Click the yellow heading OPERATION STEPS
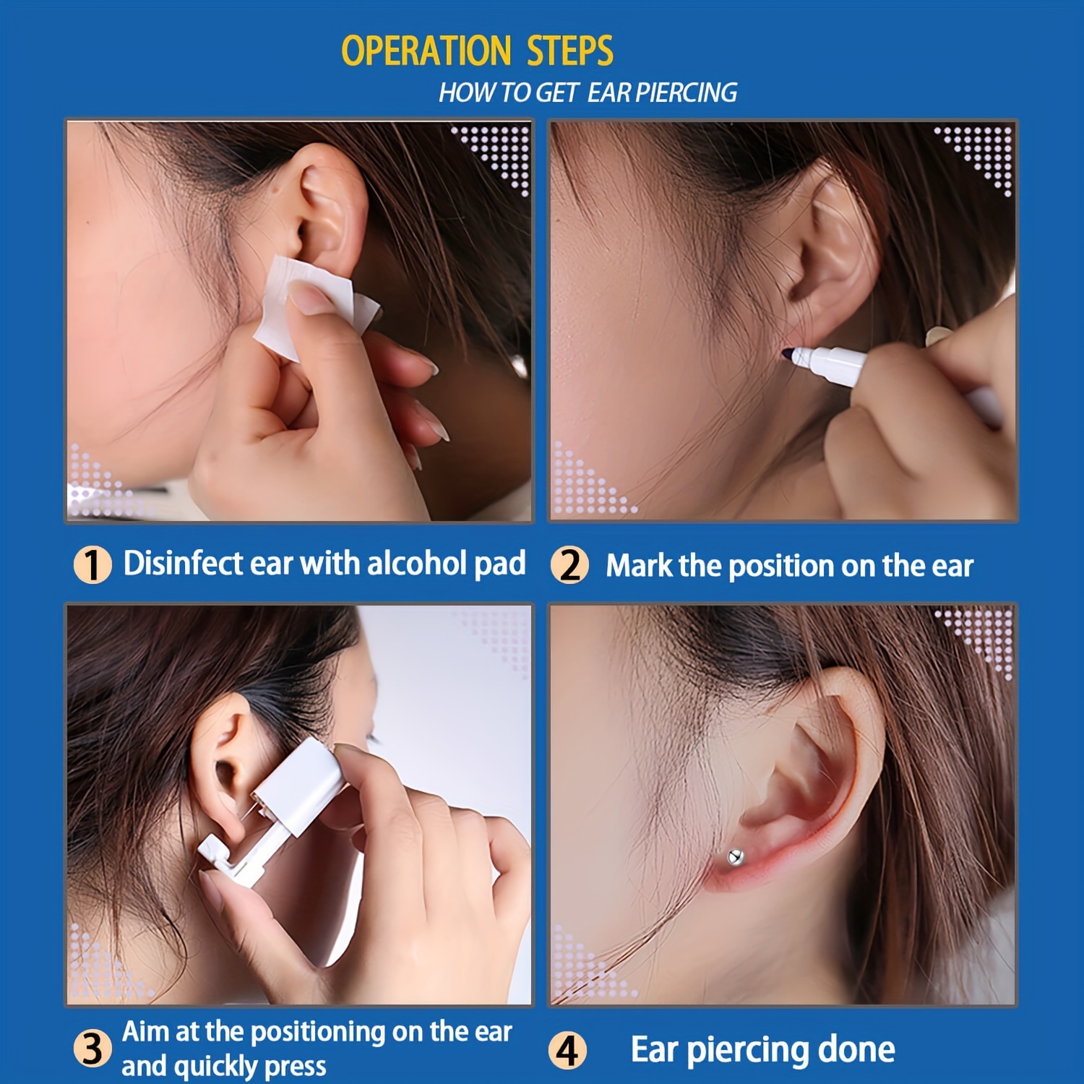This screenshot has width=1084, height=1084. click(477, 51)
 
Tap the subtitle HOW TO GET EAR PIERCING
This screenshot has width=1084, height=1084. click(588, 93)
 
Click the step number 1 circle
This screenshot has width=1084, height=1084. click(93, 564)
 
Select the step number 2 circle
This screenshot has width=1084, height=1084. click(569, 565)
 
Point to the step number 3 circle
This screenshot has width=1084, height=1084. click(93, 1049)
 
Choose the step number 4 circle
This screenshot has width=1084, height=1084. click(567, 1050)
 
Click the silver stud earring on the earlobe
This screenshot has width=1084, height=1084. click(735, 858)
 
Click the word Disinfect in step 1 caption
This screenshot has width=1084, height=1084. click(183, 564)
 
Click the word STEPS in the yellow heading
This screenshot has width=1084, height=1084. click(570, 51)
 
